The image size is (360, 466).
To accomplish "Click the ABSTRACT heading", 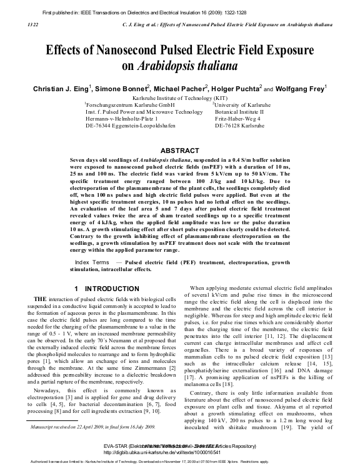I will [x=180, y=151].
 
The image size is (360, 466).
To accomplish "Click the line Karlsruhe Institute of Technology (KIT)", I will [x=180, y=99].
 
